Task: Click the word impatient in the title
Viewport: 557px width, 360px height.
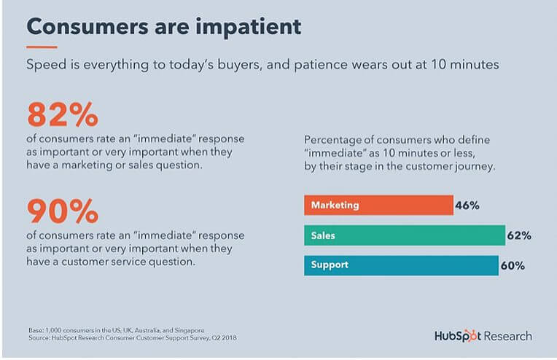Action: click(249, 27)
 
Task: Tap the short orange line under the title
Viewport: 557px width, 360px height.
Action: click(42, 47)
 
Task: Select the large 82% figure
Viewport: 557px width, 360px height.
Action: click(63, 114)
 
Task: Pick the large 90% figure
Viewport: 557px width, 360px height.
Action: click(63, 211)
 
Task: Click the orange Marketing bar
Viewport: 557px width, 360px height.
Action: click(378, 206)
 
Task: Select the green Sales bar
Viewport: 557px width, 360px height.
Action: click(405, 235)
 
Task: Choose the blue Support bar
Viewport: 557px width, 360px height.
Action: click(402, 265)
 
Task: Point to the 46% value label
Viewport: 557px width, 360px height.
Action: click(467, 206)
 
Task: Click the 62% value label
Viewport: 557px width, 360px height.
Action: click(519, 235)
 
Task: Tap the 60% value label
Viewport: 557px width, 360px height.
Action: click(513, 265)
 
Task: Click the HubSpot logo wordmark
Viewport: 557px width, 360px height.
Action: click(458, 336)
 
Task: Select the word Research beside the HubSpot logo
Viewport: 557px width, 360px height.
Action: click(508, 336)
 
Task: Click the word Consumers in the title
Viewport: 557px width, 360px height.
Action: click(87, 27)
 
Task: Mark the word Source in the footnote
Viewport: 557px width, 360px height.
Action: click(39, 337)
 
